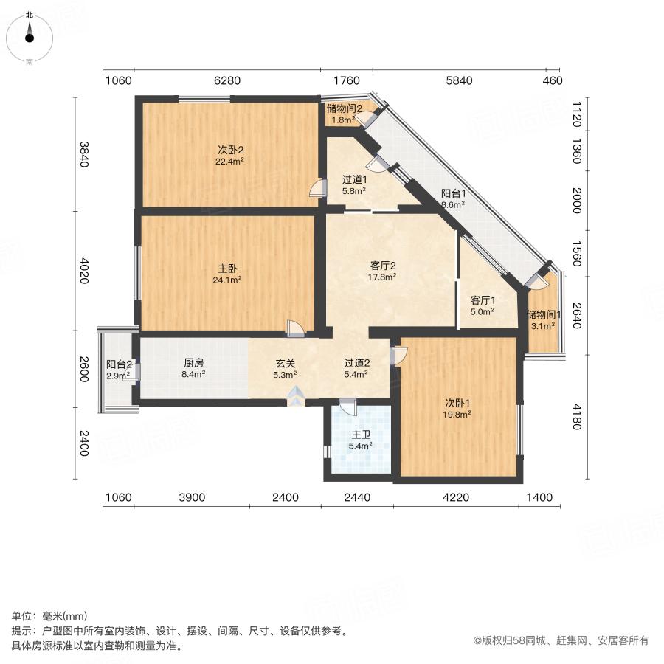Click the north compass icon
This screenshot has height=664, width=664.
click(x=30, y=35)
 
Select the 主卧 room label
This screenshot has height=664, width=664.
click(x=228, y=269)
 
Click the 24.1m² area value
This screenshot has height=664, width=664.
click(x=228, y=280)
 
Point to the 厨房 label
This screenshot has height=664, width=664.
click(x=193, y=363)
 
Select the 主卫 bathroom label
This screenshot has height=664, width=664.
click(x=361, y=435)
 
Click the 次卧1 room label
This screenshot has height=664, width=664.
click(x=457, y=403)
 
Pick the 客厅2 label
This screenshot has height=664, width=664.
click(x=384, y=266)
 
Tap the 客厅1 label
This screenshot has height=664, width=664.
click(x=483, y=300)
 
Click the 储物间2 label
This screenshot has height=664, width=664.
click(x=344, y=108)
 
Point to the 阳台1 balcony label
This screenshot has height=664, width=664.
click(x=452, y=194)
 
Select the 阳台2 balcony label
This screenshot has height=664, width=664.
click(x=119, y=364)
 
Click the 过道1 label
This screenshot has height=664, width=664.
click(x=355, y=179)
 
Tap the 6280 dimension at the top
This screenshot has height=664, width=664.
click(x=227, y=81)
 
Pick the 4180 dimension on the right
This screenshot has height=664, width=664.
click(x=578, y=415)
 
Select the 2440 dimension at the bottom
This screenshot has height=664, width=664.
click(x=358, y=498)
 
